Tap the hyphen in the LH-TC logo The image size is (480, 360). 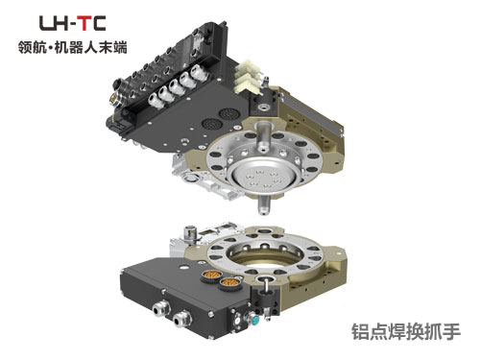point(72,24)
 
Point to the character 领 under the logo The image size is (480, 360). point(26,47)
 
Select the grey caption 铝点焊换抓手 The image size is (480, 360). point(406,331)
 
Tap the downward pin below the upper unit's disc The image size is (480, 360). point(264,204)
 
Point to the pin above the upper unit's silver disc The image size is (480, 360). point(263,138)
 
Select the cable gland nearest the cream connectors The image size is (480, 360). point(199,74)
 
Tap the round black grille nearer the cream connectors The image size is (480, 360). point(227,114)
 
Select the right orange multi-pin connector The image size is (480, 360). point(230,282)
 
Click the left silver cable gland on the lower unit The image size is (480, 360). point(161,309)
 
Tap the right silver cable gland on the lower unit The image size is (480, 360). point(182,319)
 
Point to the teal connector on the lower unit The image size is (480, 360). point(254,319)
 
